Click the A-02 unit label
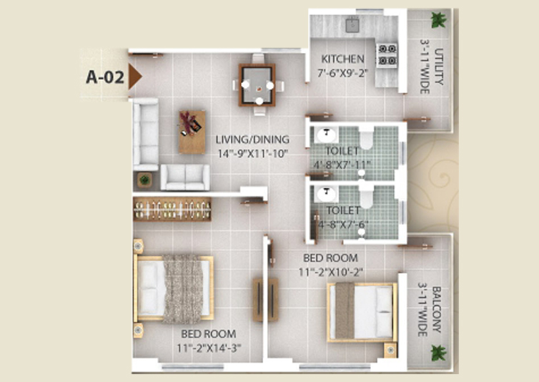coord(105,77)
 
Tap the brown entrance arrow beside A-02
coord(134,77)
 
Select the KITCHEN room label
coord(342,59)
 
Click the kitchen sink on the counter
coord(352,26)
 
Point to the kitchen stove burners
coord(387,54)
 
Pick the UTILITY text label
coord(439,66)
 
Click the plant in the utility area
coord(438,20)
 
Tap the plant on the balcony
coord(438,353)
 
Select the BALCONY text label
coord(436,310)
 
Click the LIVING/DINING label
coord(252,139)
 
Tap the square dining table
coord(257,85)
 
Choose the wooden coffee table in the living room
coord(192,132)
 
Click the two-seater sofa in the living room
coord(185,177)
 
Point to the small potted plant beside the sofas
coord(144,180)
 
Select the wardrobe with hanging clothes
coord(172,209)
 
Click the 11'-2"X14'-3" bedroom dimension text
coord(209,348)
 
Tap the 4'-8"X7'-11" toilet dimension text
coord(342,165)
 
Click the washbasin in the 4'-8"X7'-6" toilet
coord(327,195)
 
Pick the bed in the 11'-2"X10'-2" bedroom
coord(362,313)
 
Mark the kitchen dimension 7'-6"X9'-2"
coord(342,73)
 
